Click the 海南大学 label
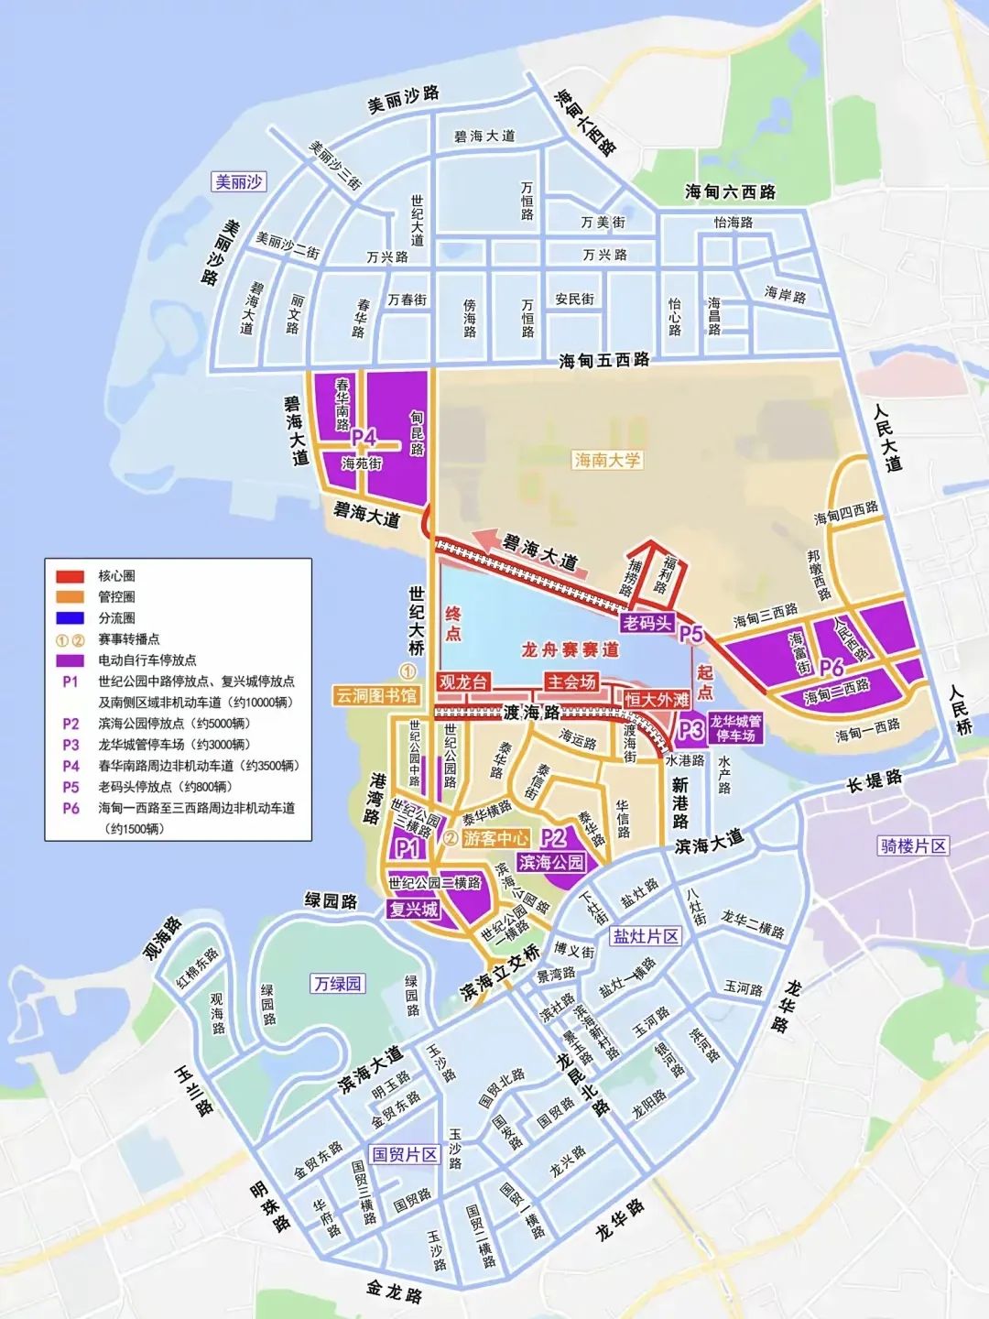pos(607,460)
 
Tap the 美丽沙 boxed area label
pos(238,181)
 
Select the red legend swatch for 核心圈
pos(71,576)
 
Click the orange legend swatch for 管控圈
pos(71,597)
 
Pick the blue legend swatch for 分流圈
pos(71,618)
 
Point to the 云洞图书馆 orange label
pos(375,695)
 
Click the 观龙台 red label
pos(463,681)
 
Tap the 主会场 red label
pos(571,681)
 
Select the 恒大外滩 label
pos(657,700)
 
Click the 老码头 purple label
pos(647,624)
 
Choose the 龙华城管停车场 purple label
pos(735,728)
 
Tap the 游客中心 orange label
pos(495,837)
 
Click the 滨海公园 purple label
pos(550,862)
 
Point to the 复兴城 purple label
pos(413,909)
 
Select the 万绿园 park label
pos(338,984)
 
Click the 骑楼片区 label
pos(912,845)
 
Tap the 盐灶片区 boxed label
pos(646,935)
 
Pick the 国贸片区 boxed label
pos(405,1154)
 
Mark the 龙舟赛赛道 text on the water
pos(570,649)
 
